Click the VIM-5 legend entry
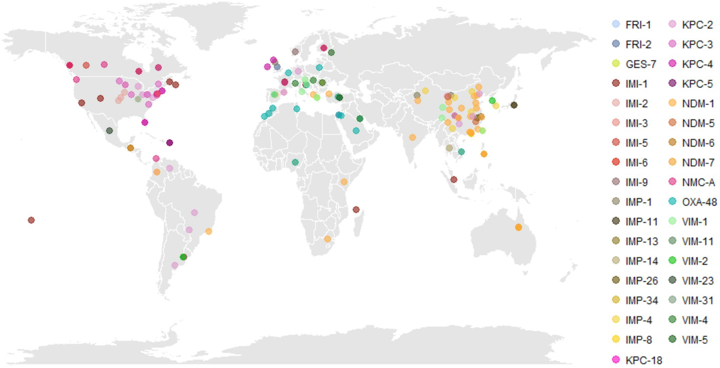695,340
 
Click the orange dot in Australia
518,227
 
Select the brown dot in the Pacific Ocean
31,220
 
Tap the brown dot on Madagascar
356,210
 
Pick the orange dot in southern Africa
328,239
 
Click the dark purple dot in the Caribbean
170,143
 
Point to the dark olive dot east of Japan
514,106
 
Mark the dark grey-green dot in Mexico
109,131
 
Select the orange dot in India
413,137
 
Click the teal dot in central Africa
295,162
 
